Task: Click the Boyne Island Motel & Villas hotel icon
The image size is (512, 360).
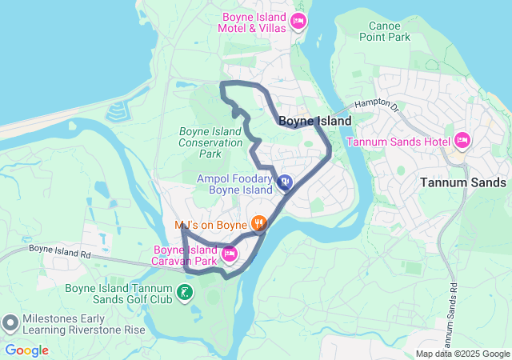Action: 298,21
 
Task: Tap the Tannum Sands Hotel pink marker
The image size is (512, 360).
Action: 462,141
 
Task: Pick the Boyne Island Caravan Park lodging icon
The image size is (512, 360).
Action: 229,254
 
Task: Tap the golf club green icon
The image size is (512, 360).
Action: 186,293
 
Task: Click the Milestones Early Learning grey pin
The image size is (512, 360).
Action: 10,322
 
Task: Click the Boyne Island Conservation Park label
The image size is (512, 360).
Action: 210,142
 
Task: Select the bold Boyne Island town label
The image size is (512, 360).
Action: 314,121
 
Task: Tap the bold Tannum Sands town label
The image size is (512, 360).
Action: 463,182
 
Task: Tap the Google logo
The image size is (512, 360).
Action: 26,350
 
